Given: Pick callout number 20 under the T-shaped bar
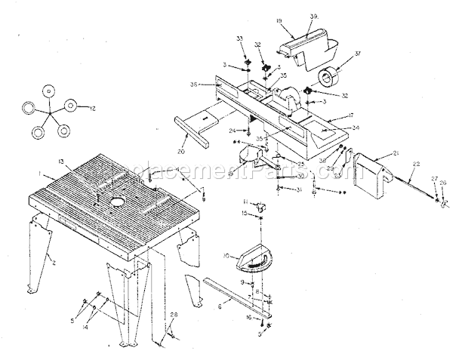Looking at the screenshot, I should pos(180,150).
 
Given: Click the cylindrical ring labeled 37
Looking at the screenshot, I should pos(330,78).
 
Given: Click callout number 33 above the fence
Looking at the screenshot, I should pos(240,38).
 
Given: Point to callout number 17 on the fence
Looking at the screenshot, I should pos(351,115).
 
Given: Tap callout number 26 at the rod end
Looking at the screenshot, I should pos(444,183).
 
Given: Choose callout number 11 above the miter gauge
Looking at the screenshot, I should pos(245,202).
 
